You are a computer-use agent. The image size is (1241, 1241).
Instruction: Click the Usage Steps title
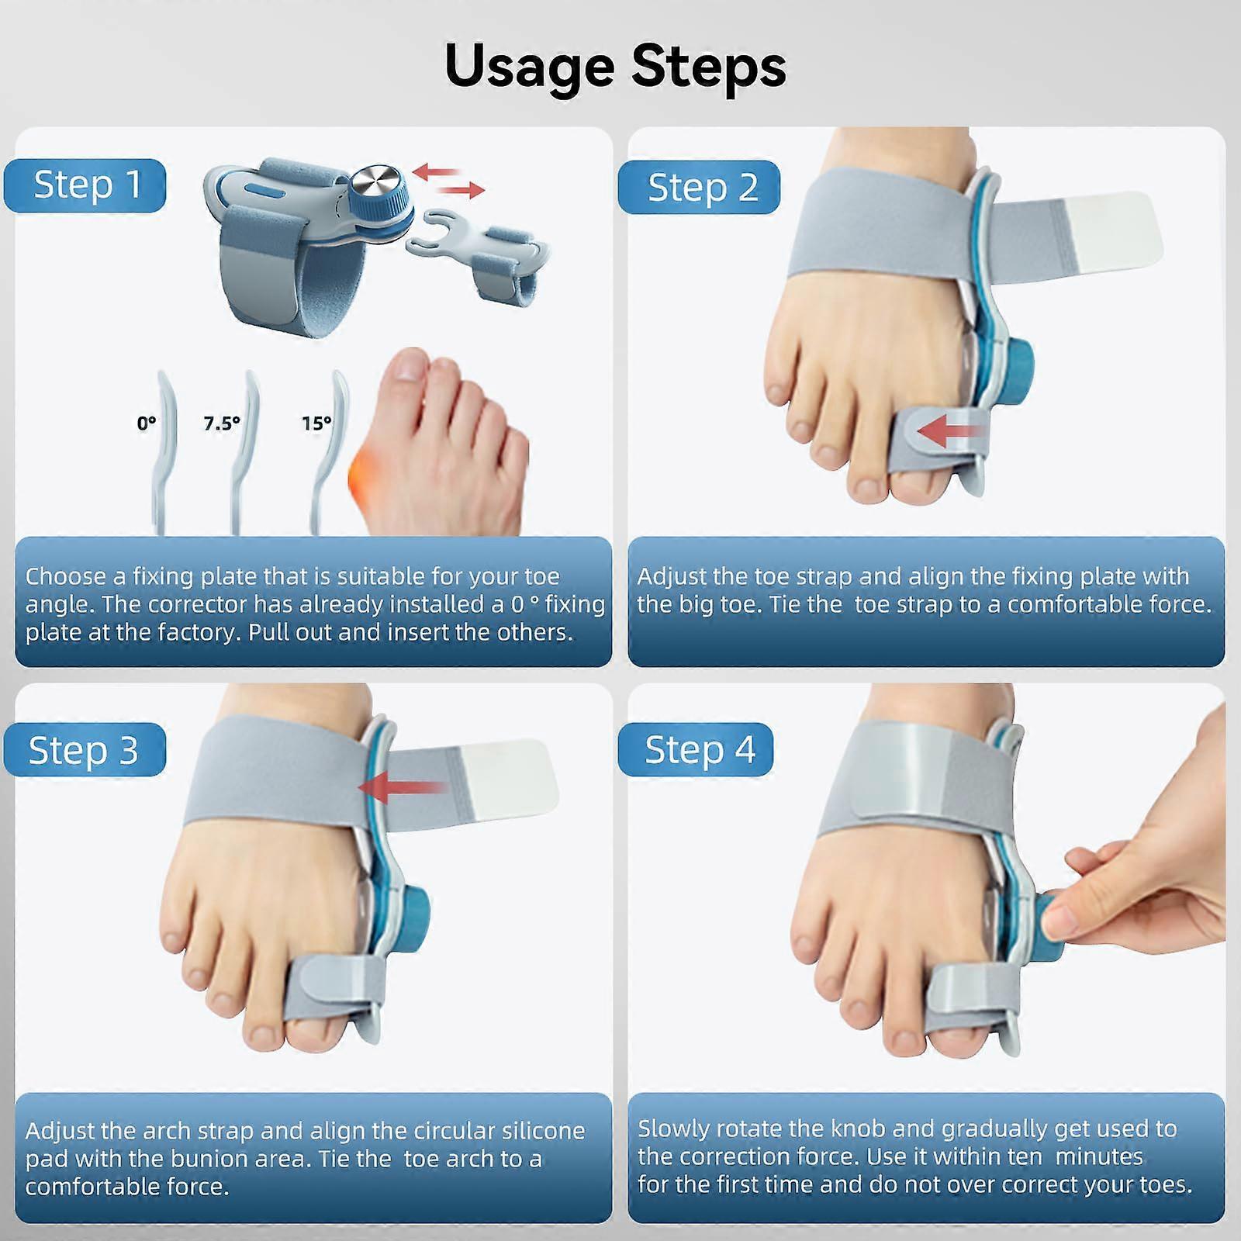[x=615, y=67]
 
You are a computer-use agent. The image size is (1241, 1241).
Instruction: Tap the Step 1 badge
[x=85, y=185]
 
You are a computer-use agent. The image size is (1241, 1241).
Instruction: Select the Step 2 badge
[x=700, y=187]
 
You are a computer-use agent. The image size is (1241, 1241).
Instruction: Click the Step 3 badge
[x=84, y=750]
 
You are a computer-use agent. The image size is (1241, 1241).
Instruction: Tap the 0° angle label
[x=146, y=423]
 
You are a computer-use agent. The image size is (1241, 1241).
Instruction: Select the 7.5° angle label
[x=222, y=423]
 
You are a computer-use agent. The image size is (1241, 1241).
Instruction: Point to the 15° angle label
[x=316, y=423]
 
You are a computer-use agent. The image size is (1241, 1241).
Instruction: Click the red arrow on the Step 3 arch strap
[x=402, y=788]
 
